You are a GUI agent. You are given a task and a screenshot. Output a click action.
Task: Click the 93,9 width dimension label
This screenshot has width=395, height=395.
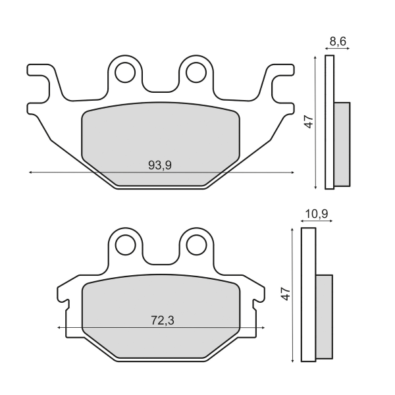pyautogui.click(x=159, y=166)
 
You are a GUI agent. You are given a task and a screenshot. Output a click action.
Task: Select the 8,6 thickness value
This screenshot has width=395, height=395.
pyautogui.click(x=338, y=42)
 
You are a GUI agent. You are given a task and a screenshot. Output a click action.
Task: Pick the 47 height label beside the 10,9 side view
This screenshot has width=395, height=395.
pyautogui.click(x=285, y=294)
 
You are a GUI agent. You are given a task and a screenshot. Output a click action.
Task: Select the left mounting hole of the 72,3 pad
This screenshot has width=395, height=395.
pyautogui.click(x=124, y=244)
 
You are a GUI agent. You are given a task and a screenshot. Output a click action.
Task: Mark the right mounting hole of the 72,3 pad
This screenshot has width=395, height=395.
pyautogui.click(x=195, y=244)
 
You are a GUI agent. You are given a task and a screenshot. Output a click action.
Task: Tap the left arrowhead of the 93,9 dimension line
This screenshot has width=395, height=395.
pyautogui.click(x=31, y=172)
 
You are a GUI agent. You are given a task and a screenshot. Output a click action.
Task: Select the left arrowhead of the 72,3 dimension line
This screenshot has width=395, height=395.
pyautogui.click(x=60, y=327)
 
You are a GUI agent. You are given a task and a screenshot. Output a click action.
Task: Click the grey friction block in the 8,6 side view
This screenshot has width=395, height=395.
pyautogui.click(x=342, y=144)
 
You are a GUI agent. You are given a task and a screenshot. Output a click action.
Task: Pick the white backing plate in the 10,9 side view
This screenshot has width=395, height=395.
pyautogui.click(x=308, y=294)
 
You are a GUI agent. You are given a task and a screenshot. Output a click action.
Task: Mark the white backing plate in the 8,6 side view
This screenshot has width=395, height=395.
pyautogui.click(x=330, y=122)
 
